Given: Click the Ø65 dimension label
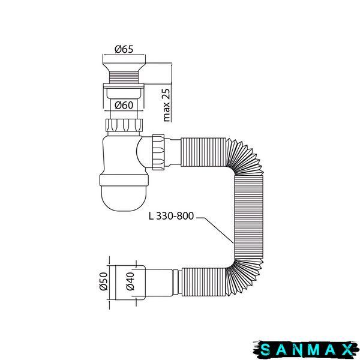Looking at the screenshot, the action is pos(124,49).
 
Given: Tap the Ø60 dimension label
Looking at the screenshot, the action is pos(124,105).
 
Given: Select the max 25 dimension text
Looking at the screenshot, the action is pos(166,105).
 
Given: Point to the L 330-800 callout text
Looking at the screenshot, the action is pos(171,216).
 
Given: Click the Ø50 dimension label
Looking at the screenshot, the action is pos(104,281).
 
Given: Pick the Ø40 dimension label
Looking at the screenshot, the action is pos(130,281).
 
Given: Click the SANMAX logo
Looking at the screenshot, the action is pos(306,350).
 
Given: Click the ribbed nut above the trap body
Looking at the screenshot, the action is pos(124,125).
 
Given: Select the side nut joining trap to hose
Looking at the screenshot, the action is pos(158,152).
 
